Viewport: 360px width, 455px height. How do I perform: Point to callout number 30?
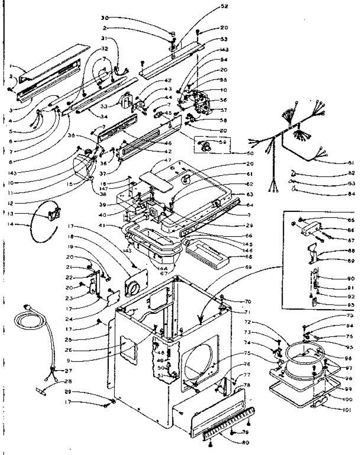[x=105, y=18]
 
